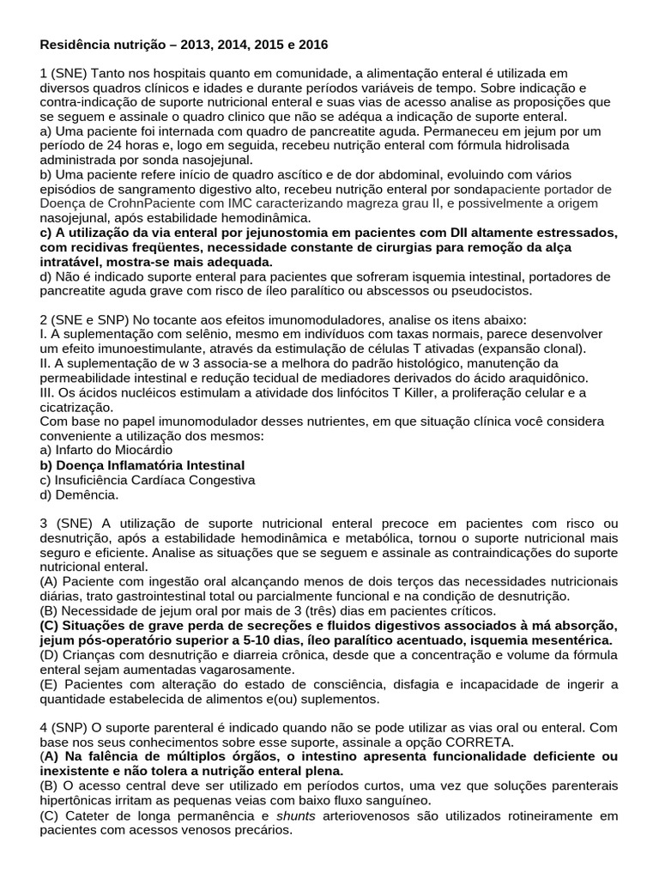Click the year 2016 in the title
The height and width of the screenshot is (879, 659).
click(x=313, y=43)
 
